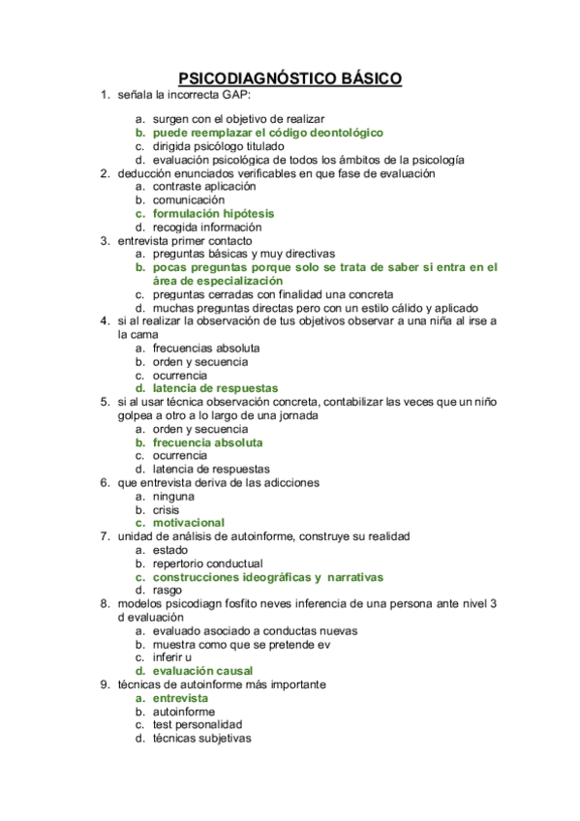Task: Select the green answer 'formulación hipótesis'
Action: point(213,213)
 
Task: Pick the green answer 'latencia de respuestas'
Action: point(215,388)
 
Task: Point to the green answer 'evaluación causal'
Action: point(202,670)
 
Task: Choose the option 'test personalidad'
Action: point(198,724)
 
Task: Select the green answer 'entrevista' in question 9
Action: point(180,697)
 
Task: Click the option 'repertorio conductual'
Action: point(207,563)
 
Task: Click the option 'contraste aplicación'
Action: point(204,186)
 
